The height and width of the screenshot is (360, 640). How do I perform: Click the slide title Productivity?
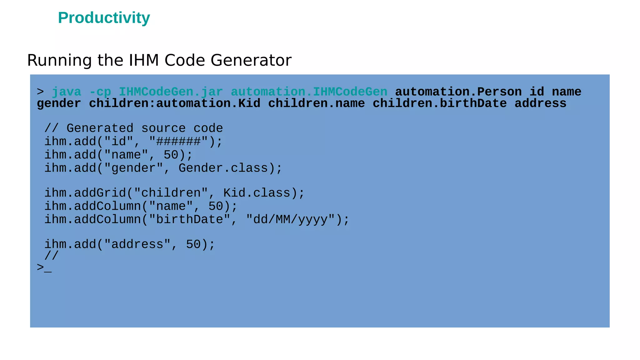pos(104,18)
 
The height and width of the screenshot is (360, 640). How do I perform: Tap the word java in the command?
pos(66,92)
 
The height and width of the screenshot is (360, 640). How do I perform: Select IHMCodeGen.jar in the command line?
pos(171,92)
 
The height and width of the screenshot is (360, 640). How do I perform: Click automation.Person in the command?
pos(458,92)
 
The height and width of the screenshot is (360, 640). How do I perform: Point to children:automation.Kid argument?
pos(174,103)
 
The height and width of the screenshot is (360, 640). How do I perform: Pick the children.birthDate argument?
pos(439,103)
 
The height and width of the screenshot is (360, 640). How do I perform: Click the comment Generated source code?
pos(144,128)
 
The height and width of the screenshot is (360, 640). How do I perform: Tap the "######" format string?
pos(178,142)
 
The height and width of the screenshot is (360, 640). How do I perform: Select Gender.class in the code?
pos(223,168)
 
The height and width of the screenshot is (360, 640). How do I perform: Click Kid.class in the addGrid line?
pos(257,193)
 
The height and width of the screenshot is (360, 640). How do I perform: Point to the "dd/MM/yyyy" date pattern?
pos(290,219)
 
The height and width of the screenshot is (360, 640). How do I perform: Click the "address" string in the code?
pos(137,244)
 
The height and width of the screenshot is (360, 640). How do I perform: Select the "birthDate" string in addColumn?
pos(189,219)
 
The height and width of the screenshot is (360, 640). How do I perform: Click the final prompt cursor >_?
pos(44,268)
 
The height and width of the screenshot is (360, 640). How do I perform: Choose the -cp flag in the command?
pos(100,92)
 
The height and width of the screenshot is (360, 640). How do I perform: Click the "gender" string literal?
pos(133,168)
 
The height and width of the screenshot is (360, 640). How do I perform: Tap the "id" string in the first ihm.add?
pos(118,142)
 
